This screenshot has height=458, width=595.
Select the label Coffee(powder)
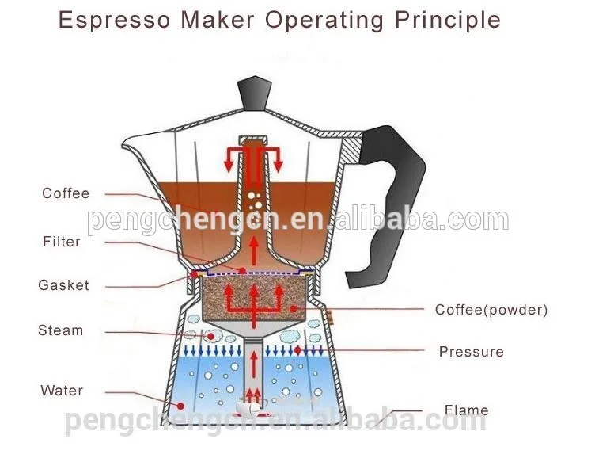(491, 310)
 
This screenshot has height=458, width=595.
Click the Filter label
(62, 242)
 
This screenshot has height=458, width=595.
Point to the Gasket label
(63, 285)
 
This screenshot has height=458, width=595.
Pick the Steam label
(60, 330)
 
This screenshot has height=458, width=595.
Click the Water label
(62, 391)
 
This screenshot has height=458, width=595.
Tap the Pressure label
(471, 352)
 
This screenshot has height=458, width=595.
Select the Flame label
(466, 410)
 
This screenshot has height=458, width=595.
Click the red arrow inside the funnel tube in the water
(253, 365)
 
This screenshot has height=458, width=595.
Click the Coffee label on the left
(66, 193)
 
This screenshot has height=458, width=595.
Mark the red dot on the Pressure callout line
(298, 349)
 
